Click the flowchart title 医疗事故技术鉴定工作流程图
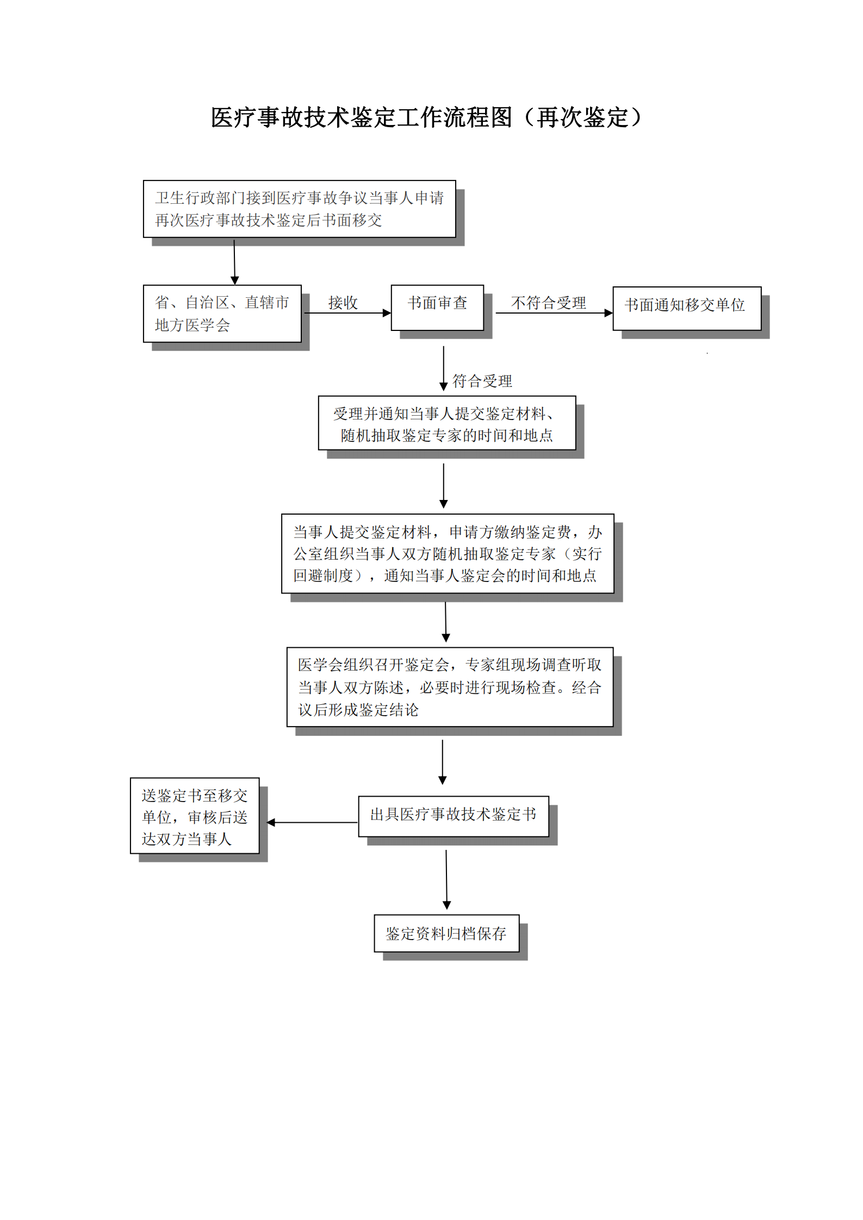click(x=361, y=117)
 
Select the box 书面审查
click(x=437, y=307)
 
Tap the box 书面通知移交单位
click(x=686, y=308)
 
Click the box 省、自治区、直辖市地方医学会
click(x=222, y=314)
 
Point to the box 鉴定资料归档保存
click(x=446, y=933)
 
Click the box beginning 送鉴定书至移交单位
click(x=195, y=815)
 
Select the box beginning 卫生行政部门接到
click(x=299, y=209)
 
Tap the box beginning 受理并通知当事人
click(x=446, y=423)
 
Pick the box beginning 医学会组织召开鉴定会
click(x=450, y=687)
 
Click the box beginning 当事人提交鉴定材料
click(x=447, y=553)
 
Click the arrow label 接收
click(x=343, y=303)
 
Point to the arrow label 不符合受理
click(x=548, y=303)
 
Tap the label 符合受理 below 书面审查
click(x=482, y=381)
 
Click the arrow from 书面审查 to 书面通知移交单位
click(x=554, y=313)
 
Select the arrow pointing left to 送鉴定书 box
click(x=312, y=822)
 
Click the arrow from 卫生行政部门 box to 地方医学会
click(x=234, y=261)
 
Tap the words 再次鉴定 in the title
click(x=582, y=117)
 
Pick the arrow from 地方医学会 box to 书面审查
click(x=347, y=313)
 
